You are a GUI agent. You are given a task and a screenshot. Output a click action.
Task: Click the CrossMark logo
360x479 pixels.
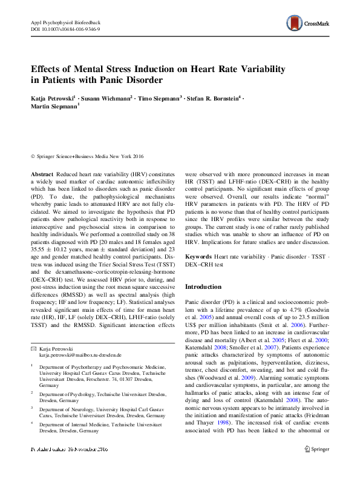309,24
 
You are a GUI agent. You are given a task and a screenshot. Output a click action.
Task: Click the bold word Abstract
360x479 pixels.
42,173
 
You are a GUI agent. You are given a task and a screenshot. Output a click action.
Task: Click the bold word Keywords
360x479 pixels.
198,257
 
